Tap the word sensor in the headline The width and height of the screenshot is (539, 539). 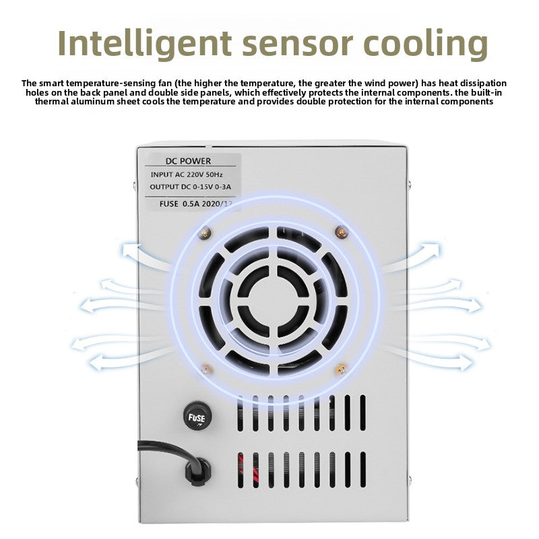click(298, 44)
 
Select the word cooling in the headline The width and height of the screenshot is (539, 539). click(426, 44)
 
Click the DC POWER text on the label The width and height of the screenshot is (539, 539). click(188, 160)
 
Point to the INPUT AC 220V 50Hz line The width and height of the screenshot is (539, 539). click(187, 175)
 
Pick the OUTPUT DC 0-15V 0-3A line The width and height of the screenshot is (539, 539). click(191, 187)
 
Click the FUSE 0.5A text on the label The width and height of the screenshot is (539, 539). click(180, 203)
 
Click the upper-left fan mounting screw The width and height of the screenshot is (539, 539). click(205, 233)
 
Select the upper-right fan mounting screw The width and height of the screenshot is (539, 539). click(342, 232)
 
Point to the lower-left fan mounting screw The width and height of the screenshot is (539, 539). click(206, 370)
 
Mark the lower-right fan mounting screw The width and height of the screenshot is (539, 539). click(341, 369)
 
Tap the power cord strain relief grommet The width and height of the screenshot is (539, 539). click(197, 470)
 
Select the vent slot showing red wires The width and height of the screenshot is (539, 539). click(241, 470)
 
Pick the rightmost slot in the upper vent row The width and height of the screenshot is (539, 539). click(362, 413)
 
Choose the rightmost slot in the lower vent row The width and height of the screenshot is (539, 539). click(363, 470)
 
